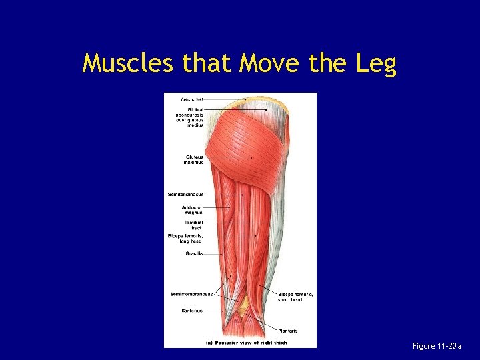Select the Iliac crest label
tap(192, 99)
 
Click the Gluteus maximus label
tap(193, 160)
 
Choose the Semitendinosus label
tap(186, 194)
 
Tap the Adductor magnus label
tap(193, 210)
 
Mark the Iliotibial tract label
tap(193, 225)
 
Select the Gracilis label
tap(194, 253)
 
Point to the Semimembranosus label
tap(191, 294)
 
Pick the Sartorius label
tap(192, 310)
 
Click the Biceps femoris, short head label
tap(295, 297)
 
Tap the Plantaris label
tap(288, 331)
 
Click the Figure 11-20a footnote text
tap(437, 346)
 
